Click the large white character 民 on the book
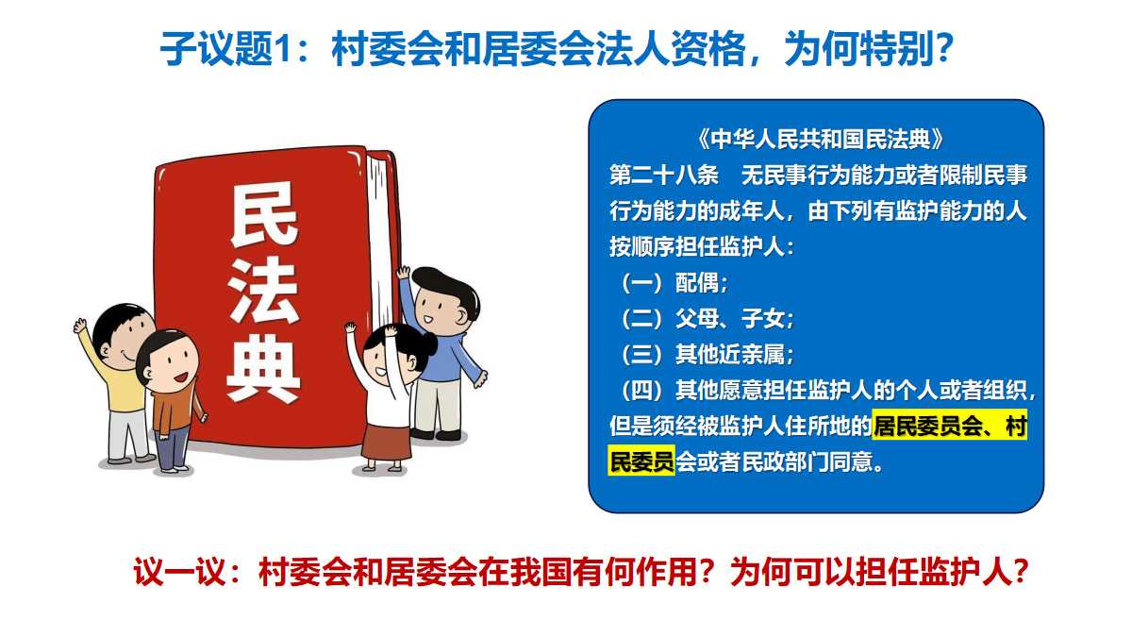click(x=264, y=214)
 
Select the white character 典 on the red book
click(x=263, y=367)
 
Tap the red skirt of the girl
click(x=386, y=443)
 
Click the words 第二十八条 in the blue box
click(x=663, y=176)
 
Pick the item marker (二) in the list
click(x=641, y=319)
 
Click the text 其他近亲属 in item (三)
click(x=730, y=355)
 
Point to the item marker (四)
click(x=641, y=391)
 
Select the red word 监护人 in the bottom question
click(x=965, y=573)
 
